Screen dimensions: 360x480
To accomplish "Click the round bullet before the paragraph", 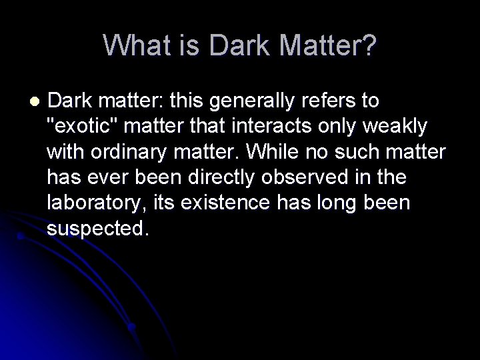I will tap(35, 101).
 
